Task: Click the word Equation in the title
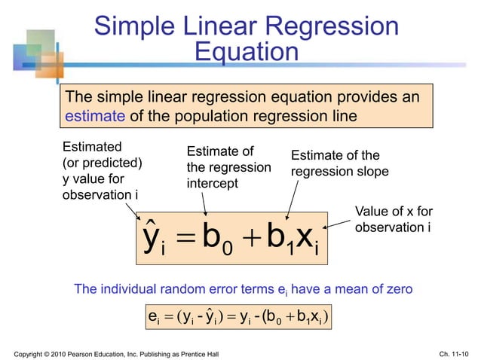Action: click(246, 52)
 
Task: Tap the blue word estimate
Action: click(96, 117)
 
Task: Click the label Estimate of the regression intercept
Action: click(227, 167)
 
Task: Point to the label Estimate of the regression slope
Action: click(339, 163)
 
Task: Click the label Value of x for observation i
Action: click(393, 219)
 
